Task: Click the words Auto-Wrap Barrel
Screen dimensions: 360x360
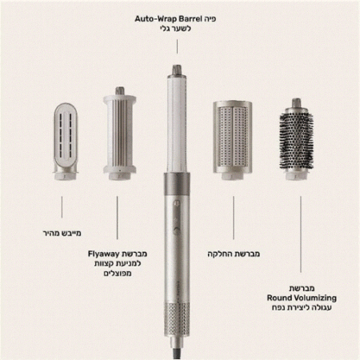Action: click(168, 19)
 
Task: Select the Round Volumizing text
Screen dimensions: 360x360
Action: click(302, 298)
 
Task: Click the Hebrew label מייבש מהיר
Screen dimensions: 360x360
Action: click(62, 233)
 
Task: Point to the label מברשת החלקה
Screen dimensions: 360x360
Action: click(234, 254)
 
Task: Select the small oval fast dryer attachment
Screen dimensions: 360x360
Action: click(66, 142)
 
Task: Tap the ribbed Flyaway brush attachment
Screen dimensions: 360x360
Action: click(119, 134)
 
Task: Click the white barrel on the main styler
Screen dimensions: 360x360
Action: click(177, 124)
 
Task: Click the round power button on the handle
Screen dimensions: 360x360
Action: click(177, 230)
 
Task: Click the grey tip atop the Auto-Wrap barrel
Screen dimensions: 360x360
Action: click(177, 70)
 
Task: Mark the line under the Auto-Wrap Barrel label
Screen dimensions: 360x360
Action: click(177, 46)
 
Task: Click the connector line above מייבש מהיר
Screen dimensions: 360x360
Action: click(62, 207)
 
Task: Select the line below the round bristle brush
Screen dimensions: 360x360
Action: click(301, 234)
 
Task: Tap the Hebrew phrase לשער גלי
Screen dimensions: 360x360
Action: click(175, 29)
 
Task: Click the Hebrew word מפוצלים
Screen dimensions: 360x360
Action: click(118, 274)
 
